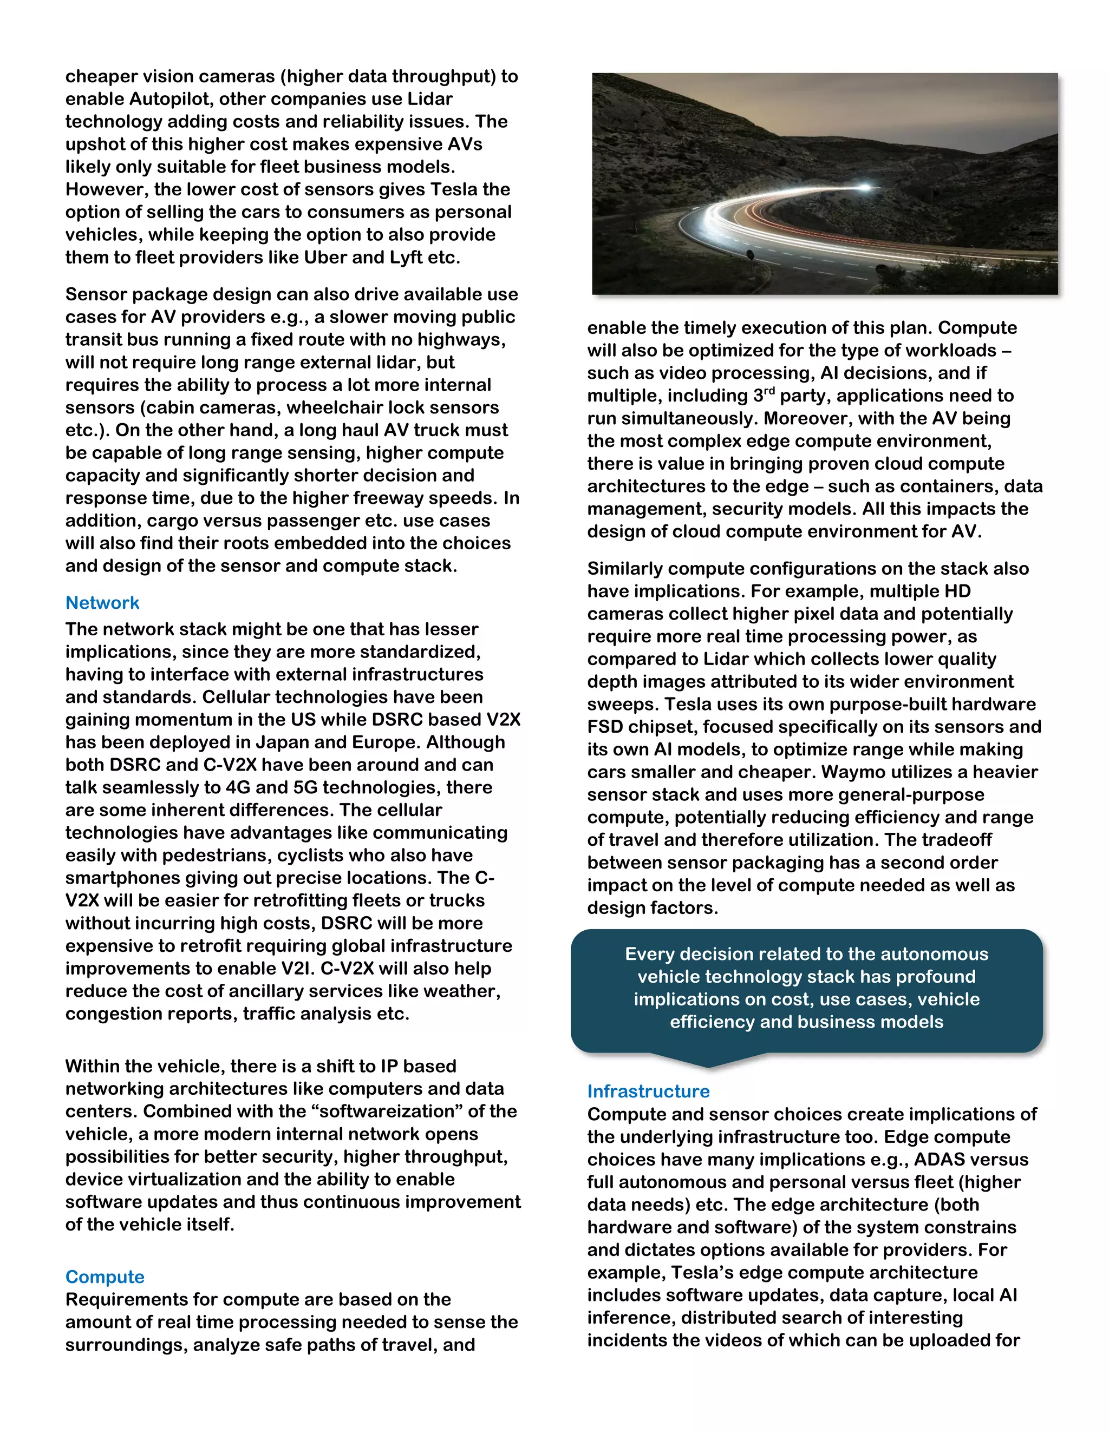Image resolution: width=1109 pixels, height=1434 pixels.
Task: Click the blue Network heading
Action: coord(102,603)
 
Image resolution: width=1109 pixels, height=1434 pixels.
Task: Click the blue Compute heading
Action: coord(105,1277)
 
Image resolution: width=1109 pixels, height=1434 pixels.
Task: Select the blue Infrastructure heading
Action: coord(648,1091)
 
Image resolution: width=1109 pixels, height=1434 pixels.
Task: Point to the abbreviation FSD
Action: coord(604,727)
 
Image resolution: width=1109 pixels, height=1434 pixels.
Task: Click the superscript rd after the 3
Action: coord(769,391)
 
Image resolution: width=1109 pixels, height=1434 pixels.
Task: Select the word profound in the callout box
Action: coord(936,976)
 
